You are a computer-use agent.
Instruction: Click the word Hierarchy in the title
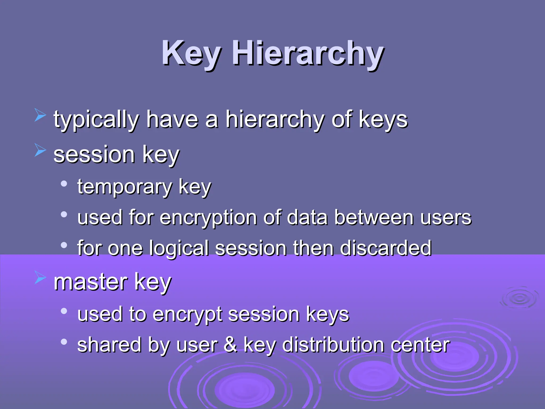pos(308,53)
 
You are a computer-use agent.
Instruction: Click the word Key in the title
pos(191,53)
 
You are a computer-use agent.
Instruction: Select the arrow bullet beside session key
pos(40,150)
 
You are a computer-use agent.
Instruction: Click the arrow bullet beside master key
pos(40,277)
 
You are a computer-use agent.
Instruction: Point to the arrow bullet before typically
pos(40,115)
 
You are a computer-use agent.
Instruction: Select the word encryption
pos(208,218)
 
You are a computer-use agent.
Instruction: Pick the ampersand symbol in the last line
pos(230,345)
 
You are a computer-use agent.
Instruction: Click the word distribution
pos(333,345)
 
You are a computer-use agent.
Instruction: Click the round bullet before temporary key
pos(64,184)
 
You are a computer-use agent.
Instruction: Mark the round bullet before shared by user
pos(64,342)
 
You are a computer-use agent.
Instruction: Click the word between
pos(374,218)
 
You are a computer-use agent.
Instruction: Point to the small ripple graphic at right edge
pos(519,298)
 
